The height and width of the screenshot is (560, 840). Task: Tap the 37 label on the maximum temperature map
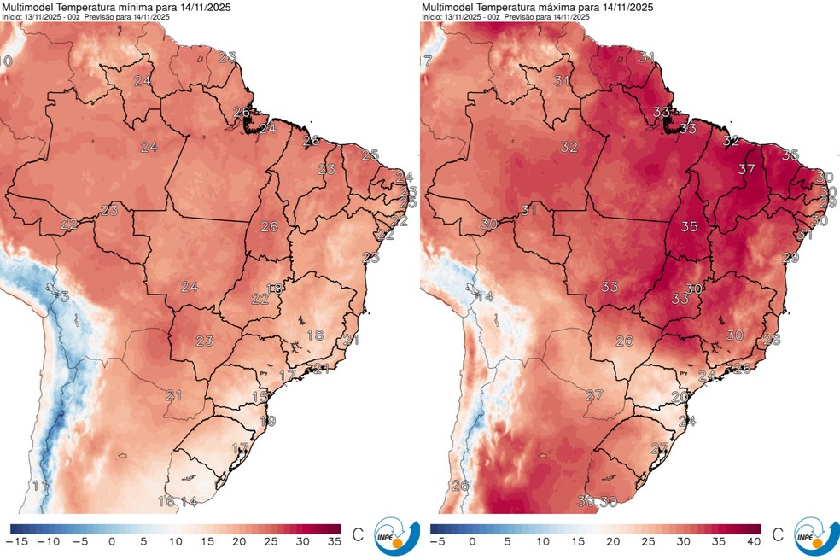[x=747, y=169]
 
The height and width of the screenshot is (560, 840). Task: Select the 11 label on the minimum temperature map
[x=39, y=486]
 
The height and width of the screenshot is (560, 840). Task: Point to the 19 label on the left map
[x=267, y=421]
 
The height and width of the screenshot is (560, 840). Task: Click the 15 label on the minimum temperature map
[x=260, y=396]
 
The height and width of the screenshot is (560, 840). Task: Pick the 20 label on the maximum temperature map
[x=680, y=396]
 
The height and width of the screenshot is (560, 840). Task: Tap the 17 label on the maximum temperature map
[x=427, y=61]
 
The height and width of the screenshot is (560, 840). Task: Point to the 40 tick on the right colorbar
[x=752, y=541]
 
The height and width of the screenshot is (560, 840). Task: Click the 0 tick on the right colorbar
[x=472, y=541]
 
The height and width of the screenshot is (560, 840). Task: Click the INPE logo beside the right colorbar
[x=814, y=536]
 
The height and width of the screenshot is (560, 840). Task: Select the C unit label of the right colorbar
[x=777, y=536]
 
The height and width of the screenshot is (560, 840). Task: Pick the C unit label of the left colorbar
[x=357, y=536]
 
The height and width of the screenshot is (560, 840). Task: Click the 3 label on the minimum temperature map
[x=64, y=296]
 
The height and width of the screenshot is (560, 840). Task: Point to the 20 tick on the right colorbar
[x=612, y=541]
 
